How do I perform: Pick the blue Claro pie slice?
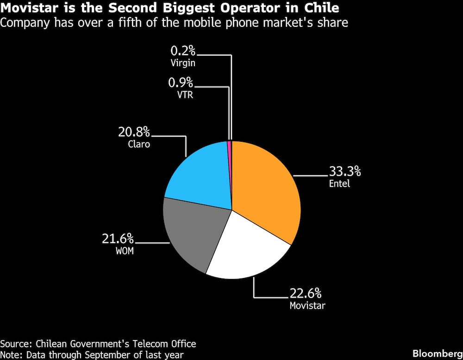[x=199, y=176]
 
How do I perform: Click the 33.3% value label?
[x=344, y=171]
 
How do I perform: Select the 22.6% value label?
[x=305, y=294]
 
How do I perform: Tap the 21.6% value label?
[x=118, y=239]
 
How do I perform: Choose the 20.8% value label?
[x=134, y=133]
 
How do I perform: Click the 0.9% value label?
[x=181, y=83]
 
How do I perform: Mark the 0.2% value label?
[x=183, y=51]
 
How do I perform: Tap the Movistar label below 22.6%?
[x=307, y=306]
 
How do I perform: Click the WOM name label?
[x=124, y=252]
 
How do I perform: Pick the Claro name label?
[x=139, y=144]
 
